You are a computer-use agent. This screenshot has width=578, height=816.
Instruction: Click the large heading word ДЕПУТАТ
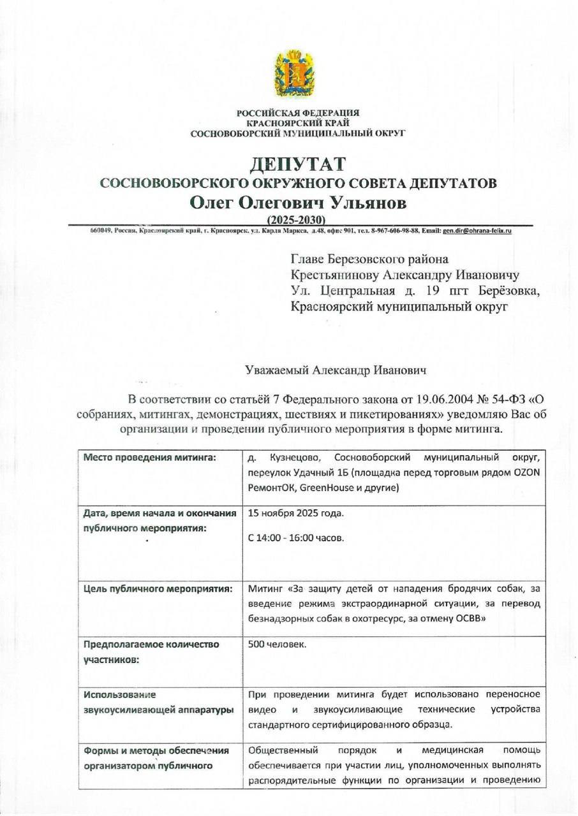[x=298, y=164]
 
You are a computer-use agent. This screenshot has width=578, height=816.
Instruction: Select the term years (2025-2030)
[x=298, y=220]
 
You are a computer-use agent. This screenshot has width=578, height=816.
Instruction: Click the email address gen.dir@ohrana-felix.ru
[x=477, y=231]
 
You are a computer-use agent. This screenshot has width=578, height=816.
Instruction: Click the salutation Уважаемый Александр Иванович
[x=336, y=370]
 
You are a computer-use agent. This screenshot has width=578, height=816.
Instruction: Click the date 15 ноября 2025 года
[x=295, y=514]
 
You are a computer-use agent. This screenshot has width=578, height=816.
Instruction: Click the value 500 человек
[x=277, y=645]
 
